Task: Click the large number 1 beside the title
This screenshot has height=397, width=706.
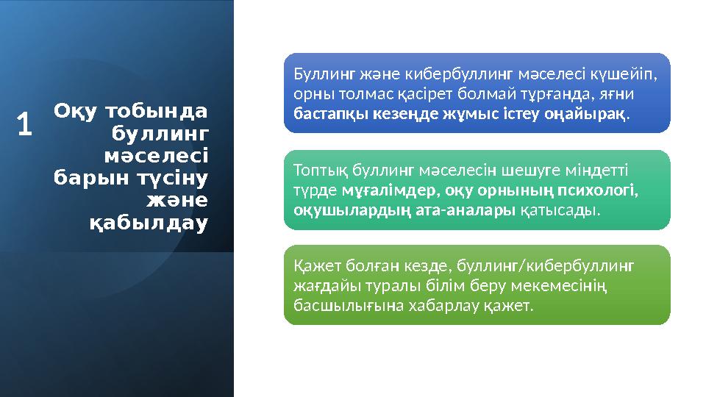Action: [25, 124]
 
